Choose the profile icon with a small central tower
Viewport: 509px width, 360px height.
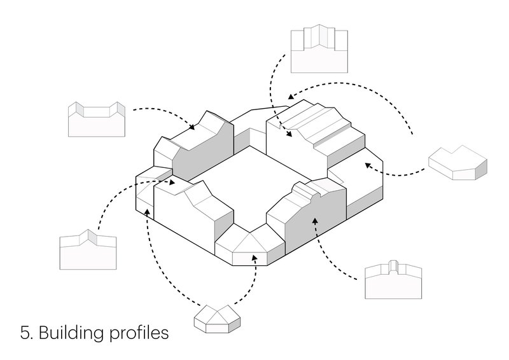[x=394, y=280]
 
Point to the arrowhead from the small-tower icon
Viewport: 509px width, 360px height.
[x=314, y=220]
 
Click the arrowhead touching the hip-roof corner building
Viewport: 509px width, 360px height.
[x=255, y=257]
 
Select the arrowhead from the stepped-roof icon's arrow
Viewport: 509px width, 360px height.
[x=290, y=135]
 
